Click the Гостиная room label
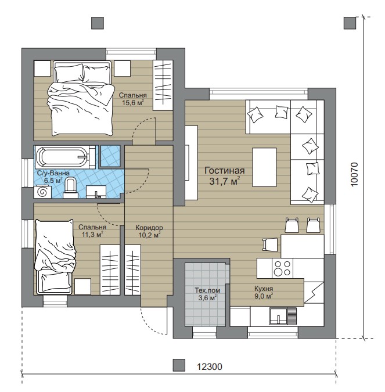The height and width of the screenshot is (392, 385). point(224,171)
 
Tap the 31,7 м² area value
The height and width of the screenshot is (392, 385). point(224,181)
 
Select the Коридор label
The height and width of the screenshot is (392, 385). point(149,228)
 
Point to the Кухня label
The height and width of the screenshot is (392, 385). point(264,289)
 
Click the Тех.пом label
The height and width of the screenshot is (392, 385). point(207,290)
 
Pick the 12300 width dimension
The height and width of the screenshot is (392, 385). point(210,367)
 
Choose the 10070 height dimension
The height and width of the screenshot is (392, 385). point(354,174)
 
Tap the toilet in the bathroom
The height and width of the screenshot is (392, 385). point(70,188)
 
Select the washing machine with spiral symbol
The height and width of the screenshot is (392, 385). point(42,192)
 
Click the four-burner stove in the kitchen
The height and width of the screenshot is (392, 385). point(282,268)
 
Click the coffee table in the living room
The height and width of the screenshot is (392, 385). point(264,167)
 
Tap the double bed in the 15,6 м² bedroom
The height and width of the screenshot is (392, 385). point(81,98)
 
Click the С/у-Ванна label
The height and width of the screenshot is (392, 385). point(53,173)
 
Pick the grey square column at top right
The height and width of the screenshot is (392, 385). point(350,23)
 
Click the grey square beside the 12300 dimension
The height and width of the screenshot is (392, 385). point(179,365)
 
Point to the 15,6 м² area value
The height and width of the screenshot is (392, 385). point(133,102)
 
